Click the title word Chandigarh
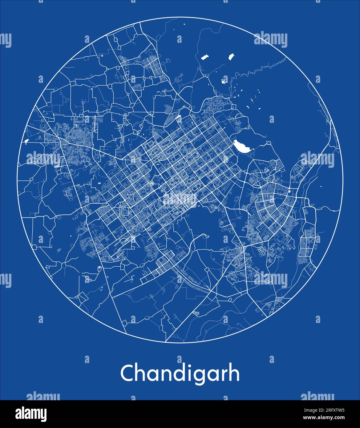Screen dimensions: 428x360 tap(180, 374)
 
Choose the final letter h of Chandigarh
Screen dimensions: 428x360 tap(233, 373)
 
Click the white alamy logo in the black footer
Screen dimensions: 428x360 tap(31, 414)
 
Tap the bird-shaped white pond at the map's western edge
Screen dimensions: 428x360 tap(26, 142)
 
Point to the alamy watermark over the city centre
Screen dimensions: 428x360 tap(180, 200)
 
